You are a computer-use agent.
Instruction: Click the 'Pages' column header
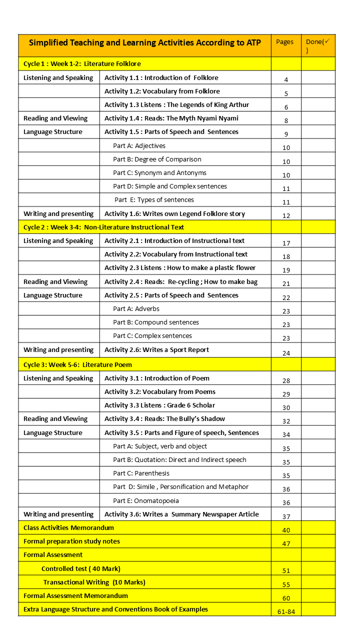[x=285, y=42]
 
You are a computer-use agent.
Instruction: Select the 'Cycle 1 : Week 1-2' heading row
[x=82, y=64]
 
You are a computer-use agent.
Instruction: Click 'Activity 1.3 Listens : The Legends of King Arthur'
[x=176, y=105]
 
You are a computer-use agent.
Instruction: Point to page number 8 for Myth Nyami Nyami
[x=286, y=120]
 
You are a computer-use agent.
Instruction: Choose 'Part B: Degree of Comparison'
[x=157, y=159]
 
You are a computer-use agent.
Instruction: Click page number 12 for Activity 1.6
[x=286, y=216]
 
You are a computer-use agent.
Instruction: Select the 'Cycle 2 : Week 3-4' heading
[x=104, y=227]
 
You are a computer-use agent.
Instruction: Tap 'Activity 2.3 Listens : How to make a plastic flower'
[x=180, y=268]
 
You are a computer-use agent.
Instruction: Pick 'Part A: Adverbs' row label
[x=136, y=309]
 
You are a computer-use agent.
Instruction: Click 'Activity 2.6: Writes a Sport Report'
[x=156, y=350]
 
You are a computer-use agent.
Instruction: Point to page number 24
[x=286, y=353]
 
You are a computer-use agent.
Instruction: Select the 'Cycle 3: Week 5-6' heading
[x=78, y=364]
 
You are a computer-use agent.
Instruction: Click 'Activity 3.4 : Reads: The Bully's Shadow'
[x=164, y=419]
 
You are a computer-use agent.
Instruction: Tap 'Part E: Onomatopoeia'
[x=146, y=501]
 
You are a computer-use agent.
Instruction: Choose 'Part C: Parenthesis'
[x=141, y=473]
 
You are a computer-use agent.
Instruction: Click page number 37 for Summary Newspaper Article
[x=286, y=517]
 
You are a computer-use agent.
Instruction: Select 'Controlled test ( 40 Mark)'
[x=81, y=569]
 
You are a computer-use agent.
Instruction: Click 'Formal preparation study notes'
[x=72, y=541]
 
